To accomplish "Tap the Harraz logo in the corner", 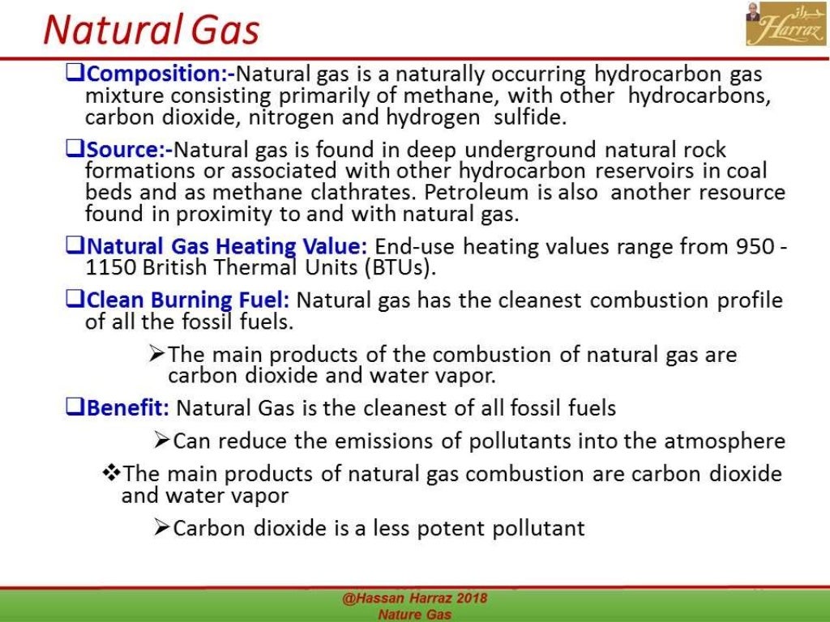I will click(774, 24).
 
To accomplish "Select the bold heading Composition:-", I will click(160, 75).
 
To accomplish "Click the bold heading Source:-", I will click(130, 150).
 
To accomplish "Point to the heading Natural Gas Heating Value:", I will click(228, 246).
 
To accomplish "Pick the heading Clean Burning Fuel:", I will click(188, 300).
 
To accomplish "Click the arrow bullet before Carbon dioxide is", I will click(161, 529).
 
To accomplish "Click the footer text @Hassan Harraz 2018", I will click(414, 599).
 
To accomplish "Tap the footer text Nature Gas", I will click(414, 614).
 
